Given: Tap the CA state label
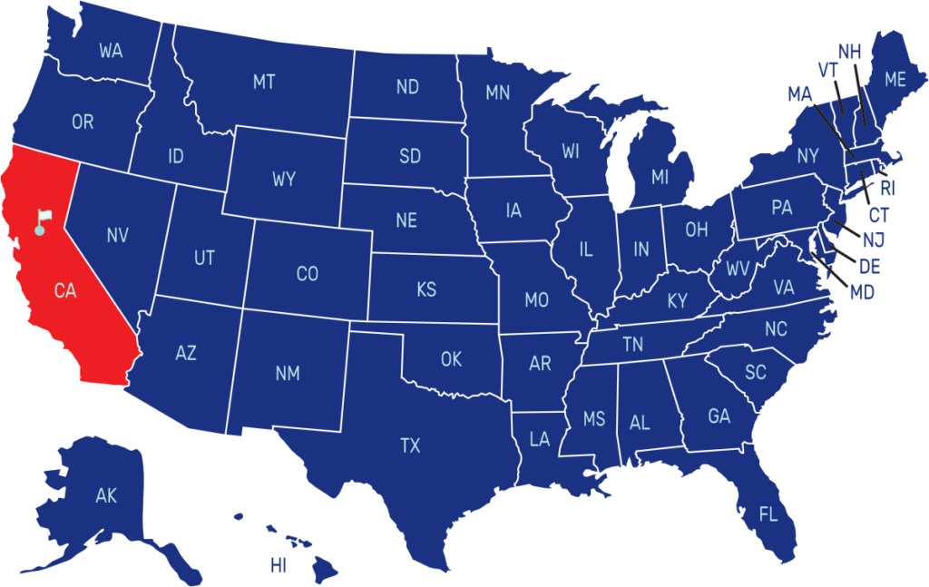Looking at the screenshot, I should click(65, 291).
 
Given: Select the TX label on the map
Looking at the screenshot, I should click(410, 445).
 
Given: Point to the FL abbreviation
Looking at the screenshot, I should click(768, 515).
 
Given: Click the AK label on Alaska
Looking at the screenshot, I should click(106, 495).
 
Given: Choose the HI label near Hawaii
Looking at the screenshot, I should click(279, 566).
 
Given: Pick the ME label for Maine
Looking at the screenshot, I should click(895, 80).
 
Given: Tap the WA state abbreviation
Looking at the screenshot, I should click(111, 51).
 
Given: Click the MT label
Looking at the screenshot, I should click(264, 83).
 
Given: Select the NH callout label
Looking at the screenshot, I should click(849, 52).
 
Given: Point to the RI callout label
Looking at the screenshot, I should click(887, 189).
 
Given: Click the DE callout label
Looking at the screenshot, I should click(869, 267).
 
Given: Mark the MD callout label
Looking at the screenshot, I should click(862, 292).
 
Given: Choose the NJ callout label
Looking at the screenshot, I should click(874, 240).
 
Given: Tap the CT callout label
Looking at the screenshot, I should click(878, 215).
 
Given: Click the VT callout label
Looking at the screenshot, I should click(826, 71).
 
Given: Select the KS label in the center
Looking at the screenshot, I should click(426, 290).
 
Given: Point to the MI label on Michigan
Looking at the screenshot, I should click(660, 178).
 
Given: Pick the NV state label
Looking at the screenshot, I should click(117, 236).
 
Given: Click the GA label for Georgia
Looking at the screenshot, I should click(719, 416).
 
